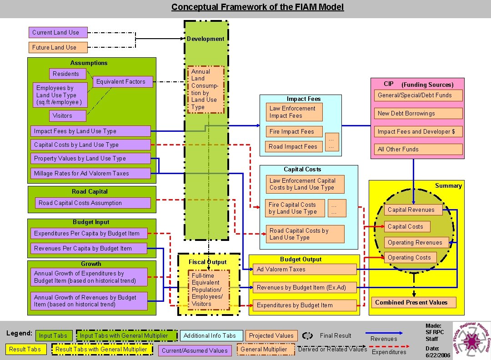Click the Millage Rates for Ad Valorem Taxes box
click(x=90, y=173)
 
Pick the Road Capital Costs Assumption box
click(x=93, y=203)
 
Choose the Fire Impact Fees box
click(x=294, y=132)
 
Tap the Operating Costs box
click(x=410, y=257)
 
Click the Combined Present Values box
click(x=411, y=302)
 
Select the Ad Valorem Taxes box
click(x=305, y=269)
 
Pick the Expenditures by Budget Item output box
click(x=305, y=305)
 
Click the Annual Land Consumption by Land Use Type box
click(x=206, y=90)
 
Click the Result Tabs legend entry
click(x=25, y=349)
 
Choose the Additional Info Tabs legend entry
click(x=210, y=336)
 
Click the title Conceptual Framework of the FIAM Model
click(x=257, y=7)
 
